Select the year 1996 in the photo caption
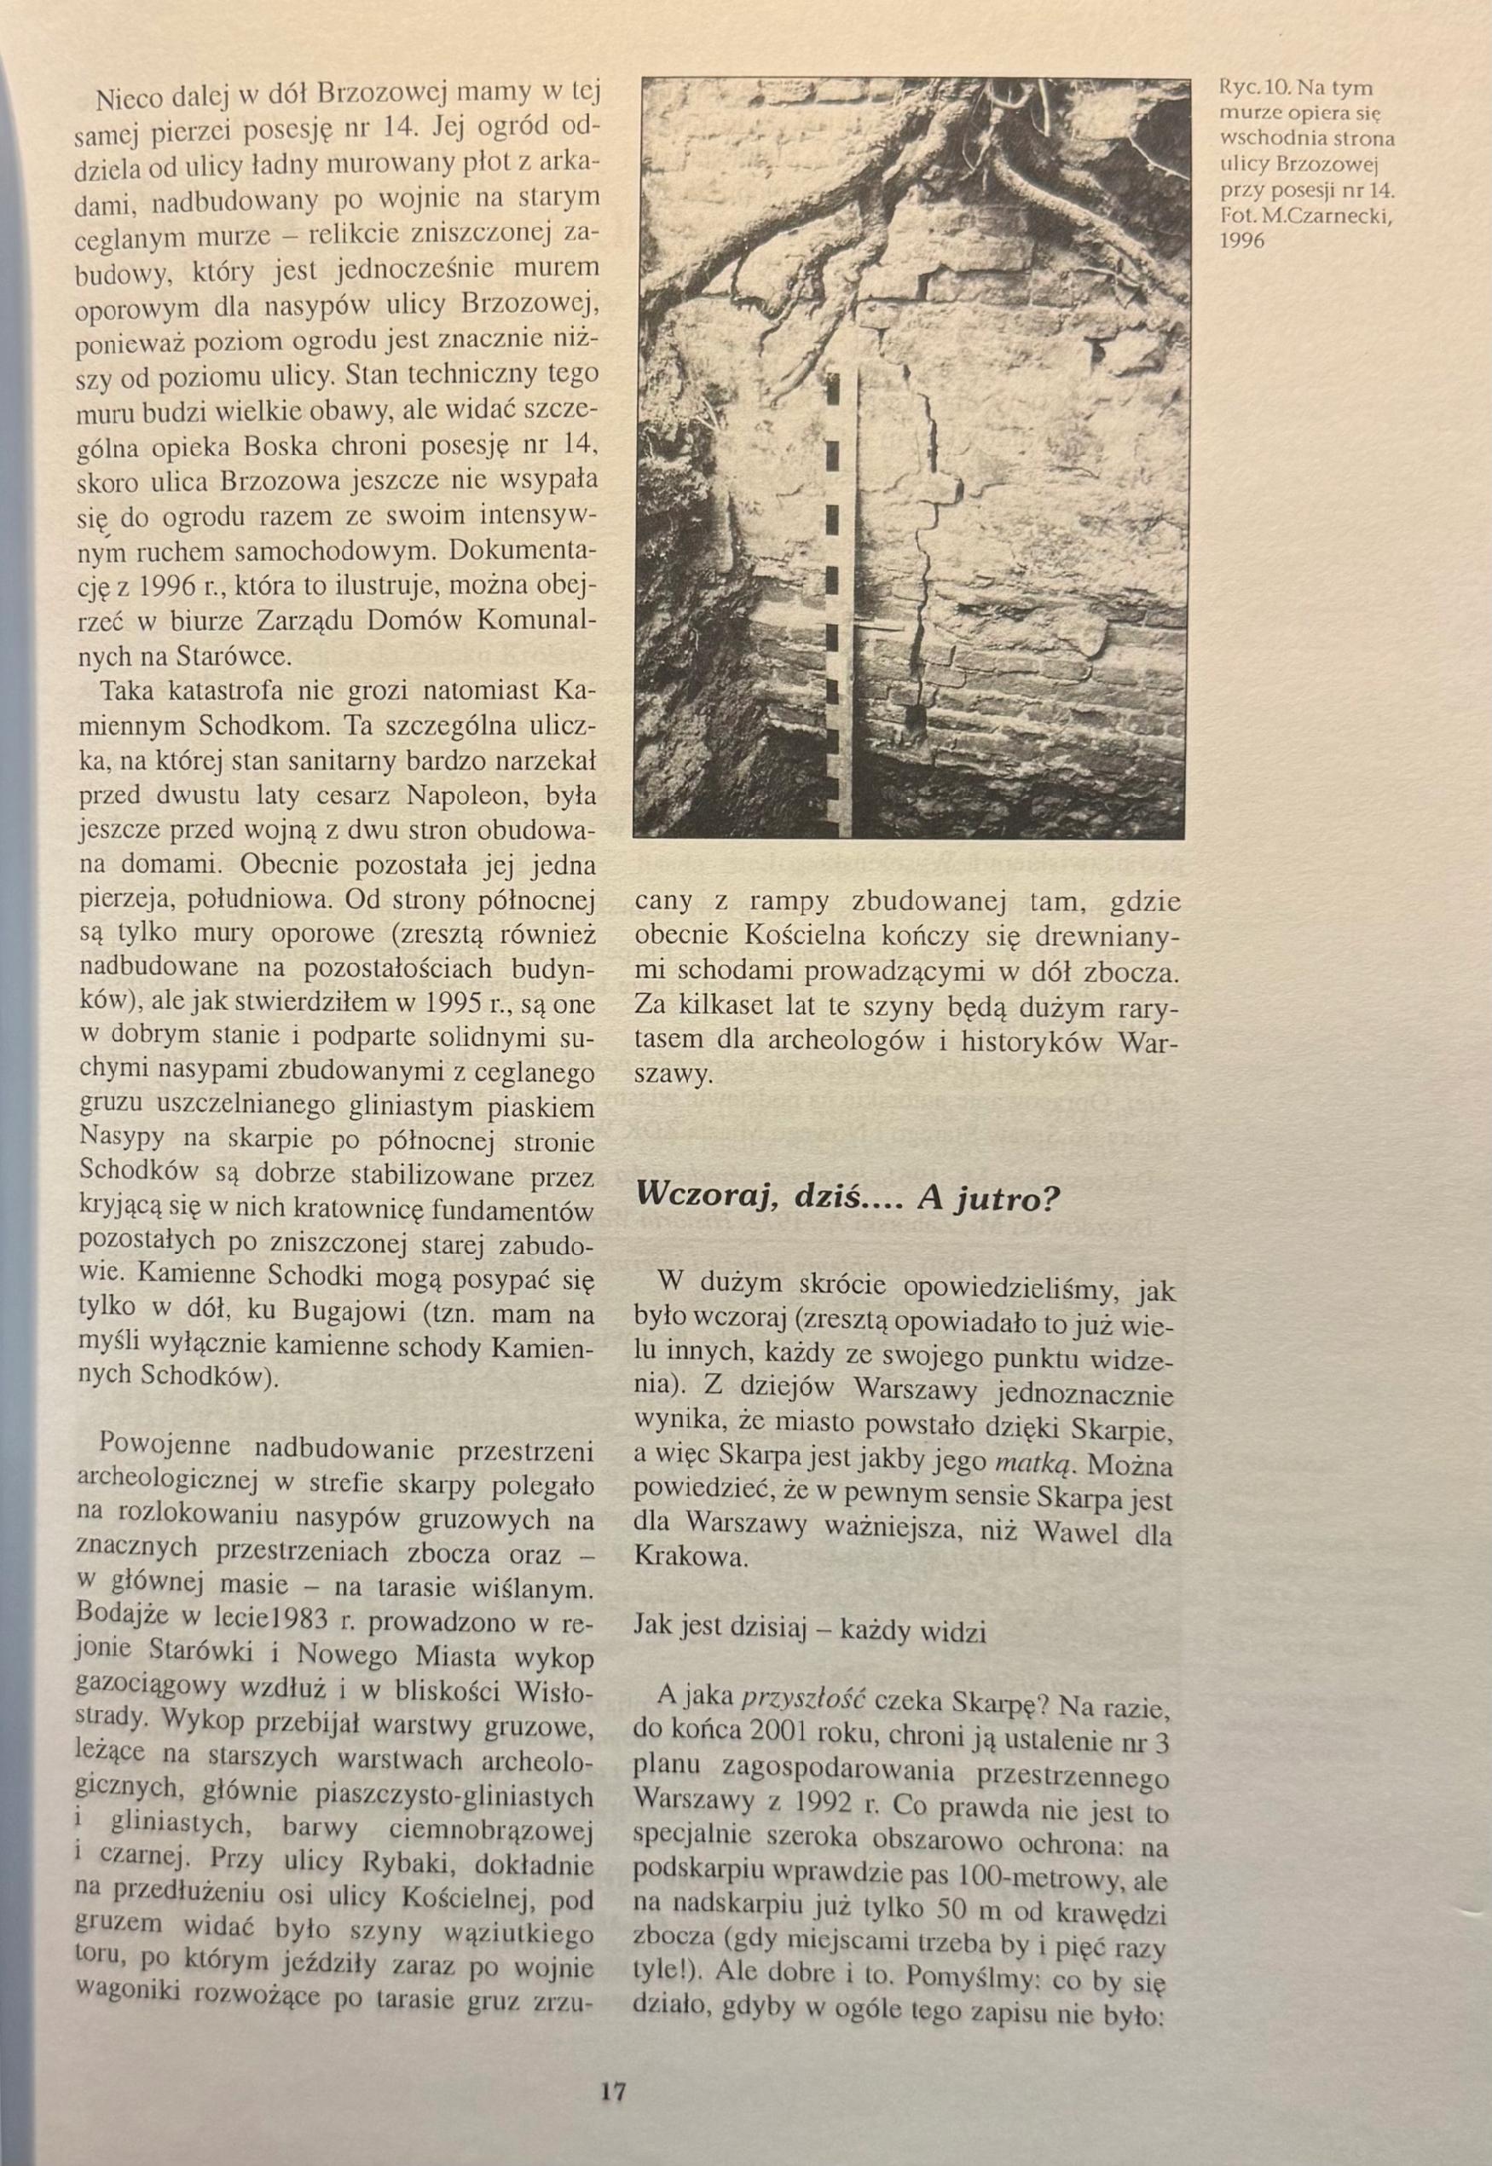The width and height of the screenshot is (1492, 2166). click(x=1241, y=240)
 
